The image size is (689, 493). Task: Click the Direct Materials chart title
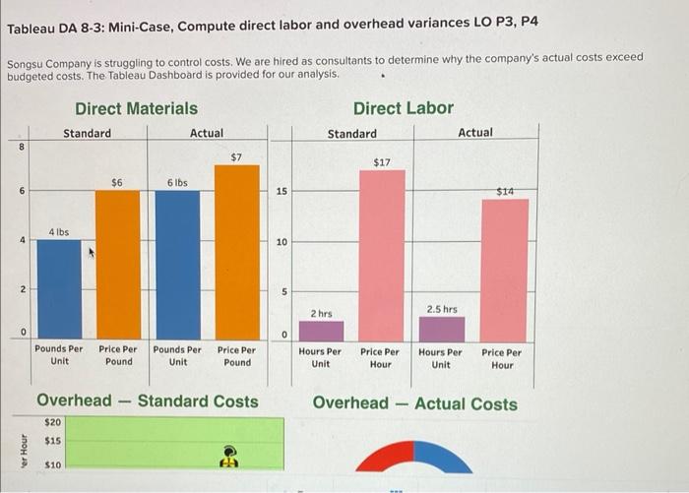pos(136,108)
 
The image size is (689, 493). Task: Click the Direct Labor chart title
pos(404,108)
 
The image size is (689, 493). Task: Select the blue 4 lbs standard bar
pos(59,289)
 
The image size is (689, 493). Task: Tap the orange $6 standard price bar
pos(117,264)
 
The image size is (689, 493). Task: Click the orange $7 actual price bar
pos(236,252)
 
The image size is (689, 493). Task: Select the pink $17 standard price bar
pos(381,256)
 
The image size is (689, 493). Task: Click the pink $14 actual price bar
pos(504,270)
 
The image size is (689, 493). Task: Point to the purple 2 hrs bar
pos(321,331)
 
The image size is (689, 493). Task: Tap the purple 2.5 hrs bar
pos(441,329)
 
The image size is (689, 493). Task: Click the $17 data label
pos(382,161)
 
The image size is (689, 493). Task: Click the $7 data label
pos(236,156)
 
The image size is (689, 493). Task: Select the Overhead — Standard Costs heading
pos(148,401)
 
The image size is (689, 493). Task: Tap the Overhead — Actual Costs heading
pos(414,403)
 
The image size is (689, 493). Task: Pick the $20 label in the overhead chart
pos(52,421)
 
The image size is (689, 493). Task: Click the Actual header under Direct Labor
pos(475,133)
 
